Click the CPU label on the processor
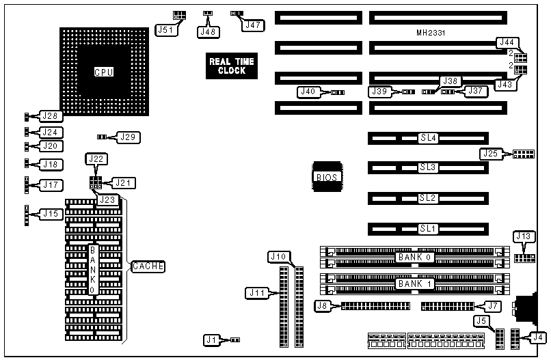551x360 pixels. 104,72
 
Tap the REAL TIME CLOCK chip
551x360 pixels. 231,66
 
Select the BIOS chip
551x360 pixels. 326,177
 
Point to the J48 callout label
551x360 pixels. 208,31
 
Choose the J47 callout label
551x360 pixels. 254,25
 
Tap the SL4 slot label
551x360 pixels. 428,138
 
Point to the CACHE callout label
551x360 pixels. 148,266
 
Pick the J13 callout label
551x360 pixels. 523,236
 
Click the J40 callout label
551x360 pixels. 308,92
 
